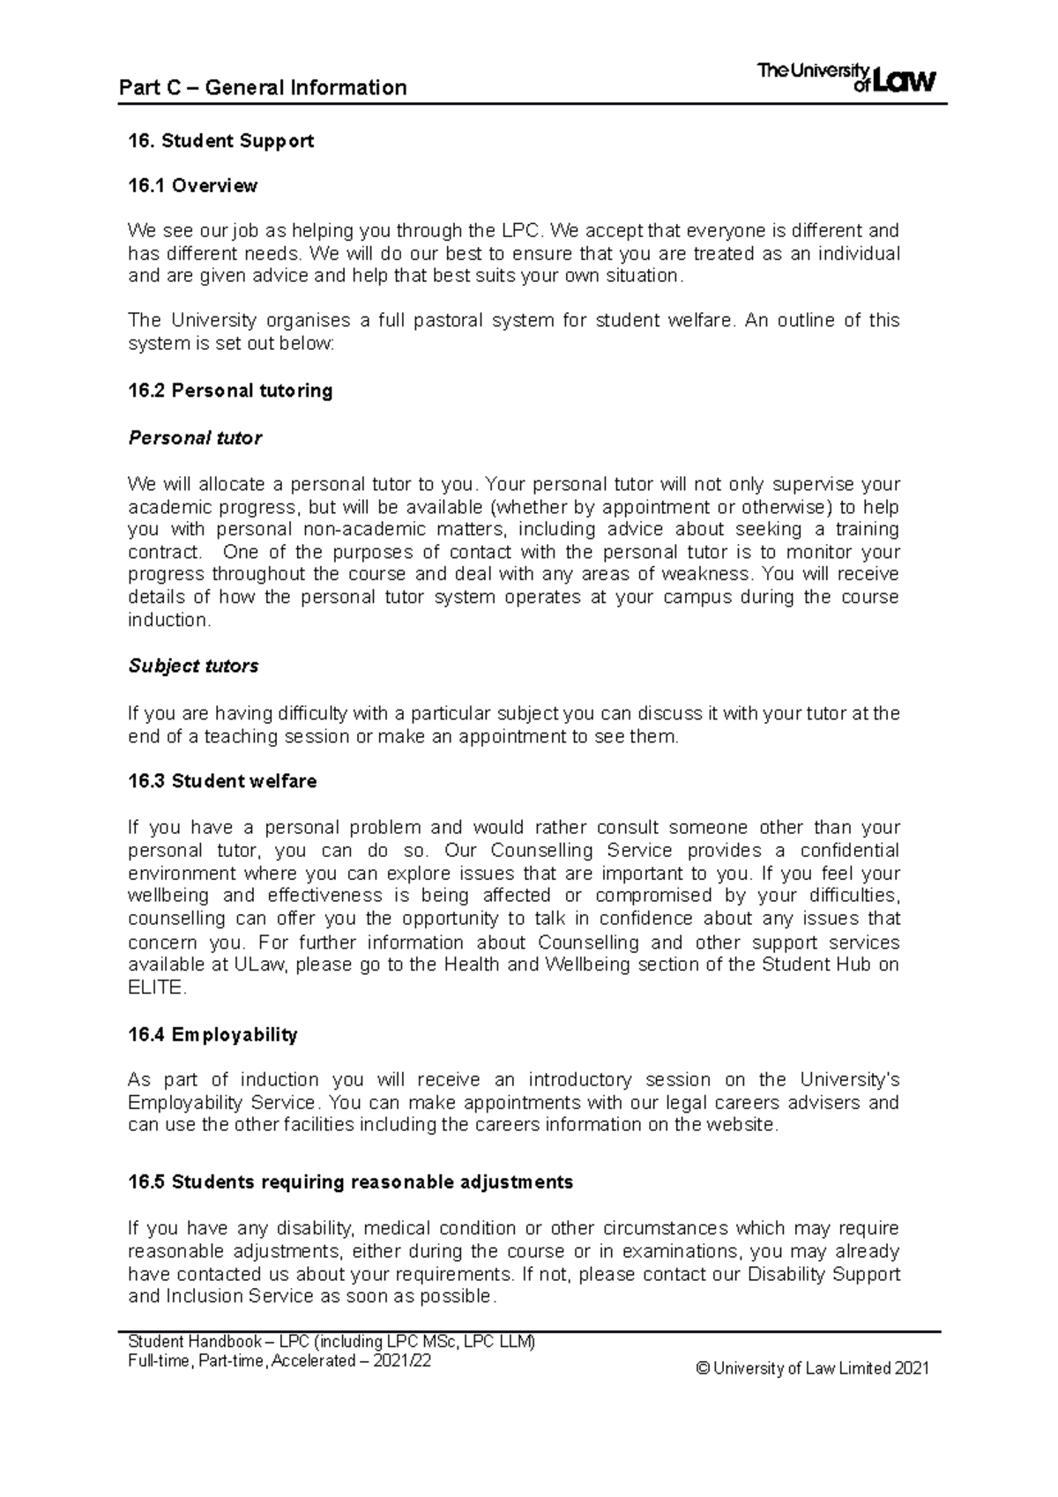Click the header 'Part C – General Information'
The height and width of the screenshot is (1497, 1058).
263,87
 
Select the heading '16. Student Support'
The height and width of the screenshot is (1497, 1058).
220,141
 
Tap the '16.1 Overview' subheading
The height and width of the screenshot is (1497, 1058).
192,186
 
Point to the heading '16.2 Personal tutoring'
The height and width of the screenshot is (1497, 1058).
230,391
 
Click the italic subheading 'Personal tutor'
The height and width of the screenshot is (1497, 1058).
195,438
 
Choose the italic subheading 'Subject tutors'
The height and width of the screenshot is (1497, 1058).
193,667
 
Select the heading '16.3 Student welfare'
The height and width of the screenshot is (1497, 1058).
222,781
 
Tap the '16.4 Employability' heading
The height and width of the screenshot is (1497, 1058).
212,1035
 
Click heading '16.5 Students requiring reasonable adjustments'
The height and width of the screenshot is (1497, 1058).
350,1182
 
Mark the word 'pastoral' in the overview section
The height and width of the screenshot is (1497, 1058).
443,321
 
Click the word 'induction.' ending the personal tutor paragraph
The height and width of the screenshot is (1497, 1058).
169,621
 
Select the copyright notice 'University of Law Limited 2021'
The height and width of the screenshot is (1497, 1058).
820,1369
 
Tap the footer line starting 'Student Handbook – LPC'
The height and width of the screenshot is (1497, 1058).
332,1343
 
